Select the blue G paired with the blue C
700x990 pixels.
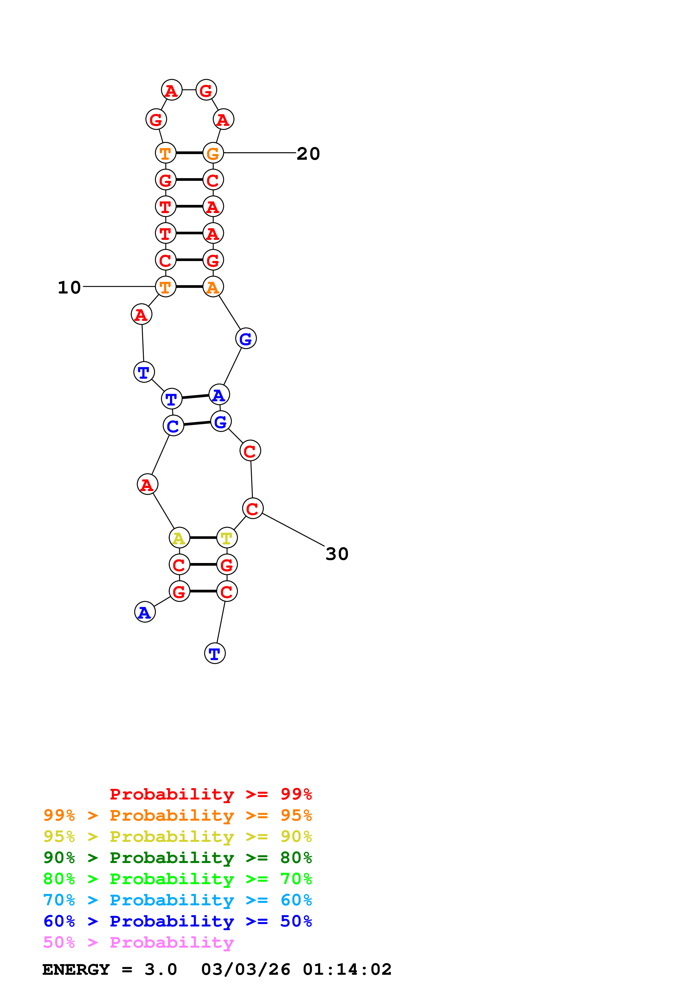pyautogui.click(x=221, y=421)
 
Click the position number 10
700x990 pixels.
pyautogui.click(x=69, y=288)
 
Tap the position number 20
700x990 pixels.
pyautogui.click(x=308, y=154)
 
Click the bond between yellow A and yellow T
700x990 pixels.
pyautogui.click(x=203, y=538)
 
